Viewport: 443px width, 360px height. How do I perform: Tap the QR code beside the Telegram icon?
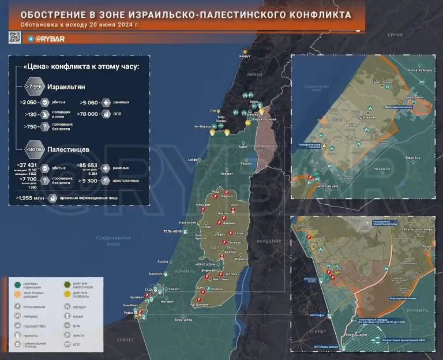click(x=15, y=38)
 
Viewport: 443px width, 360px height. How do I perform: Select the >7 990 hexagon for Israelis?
click(x=33, y=86)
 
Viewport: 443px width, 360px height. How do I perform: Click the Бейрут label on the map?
click(x=246, y=56)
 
